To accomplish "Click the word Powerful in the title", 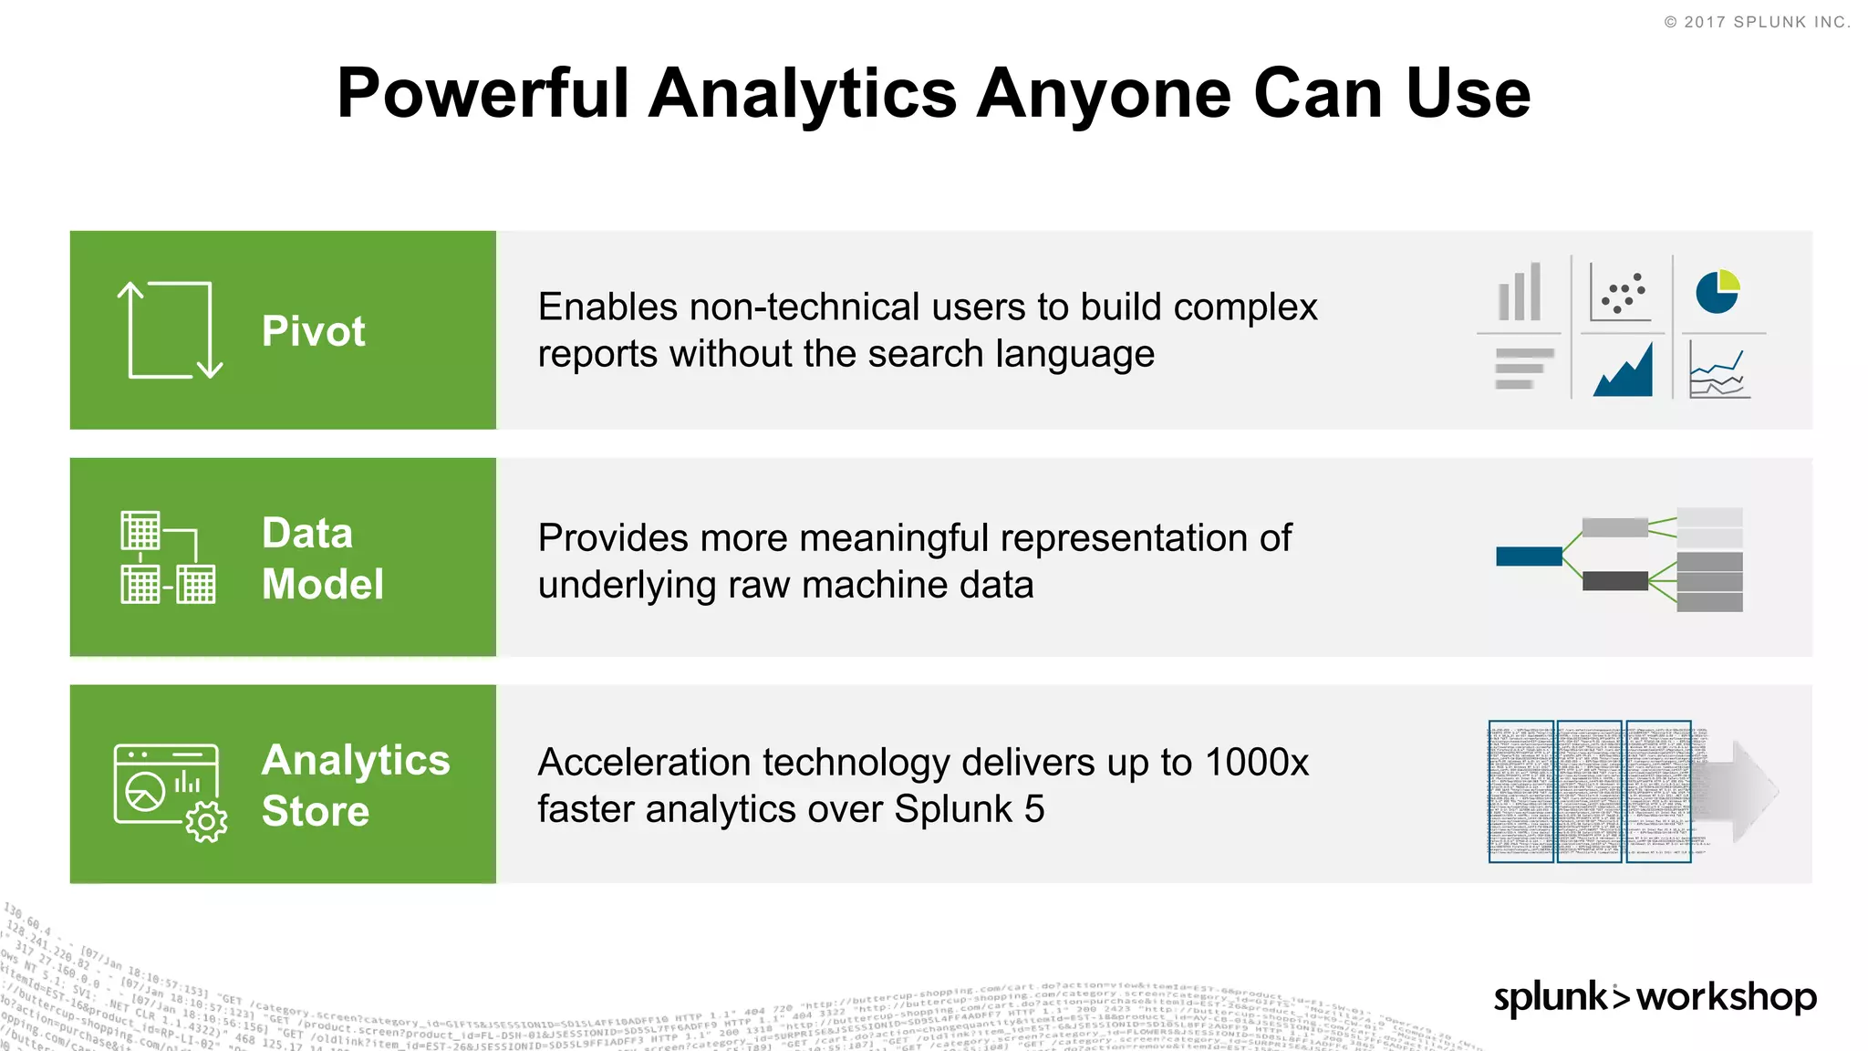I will click(483, 94).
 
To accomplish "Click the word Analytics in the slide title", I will click(803, 94).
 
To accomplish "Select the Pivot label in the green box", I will click(313, 330).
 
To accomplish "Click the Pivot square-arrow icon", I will click(170, 330).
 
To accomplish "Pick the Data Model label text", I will click(322, 558).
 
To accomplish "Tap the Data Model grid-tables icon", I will click(169, 557).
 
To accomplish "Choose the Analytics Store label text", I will click(355, 785).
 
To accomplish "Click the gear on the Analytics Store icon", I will click(206, 822).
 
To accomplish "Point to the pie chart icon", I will click(1718, 292).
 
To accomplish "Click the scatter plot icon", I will click(1621, 293).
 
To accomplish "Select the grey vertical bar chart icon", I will click(1520, 293).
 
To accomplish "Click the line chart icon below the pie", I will click(1718, 372).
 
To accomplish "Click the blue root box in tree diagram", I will click(1529, 557).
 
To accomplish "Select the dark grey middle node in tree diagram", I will click(1614, 581).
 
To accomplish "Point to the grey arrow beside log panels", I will click(1747, 790).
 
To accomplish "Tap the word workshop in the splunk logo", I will click(1726, 996).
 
